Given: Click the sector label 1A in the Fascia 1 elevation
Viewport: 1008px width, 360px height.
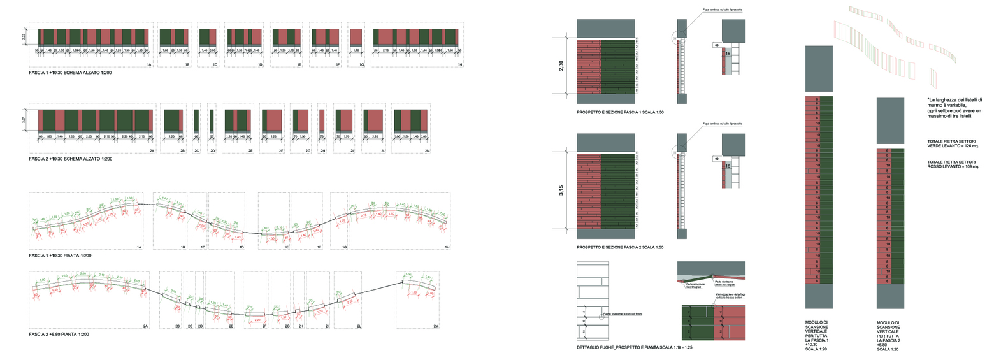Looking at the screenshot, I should coord(149,64).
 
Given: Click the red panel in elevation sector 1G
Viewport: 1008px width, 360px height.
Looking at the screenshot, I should coord(356,36).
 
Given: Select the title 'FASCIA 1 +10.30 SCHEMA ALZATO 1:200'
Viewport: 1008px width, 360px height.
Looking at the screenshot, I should coord(70,73).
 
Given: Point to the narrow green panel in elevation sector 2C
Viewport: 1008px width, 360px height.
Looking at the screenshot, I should coord(196,120).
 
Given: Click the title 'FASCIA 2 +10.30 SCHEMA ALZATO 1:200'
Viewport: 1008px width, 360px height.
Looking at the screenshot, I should coord(70,159).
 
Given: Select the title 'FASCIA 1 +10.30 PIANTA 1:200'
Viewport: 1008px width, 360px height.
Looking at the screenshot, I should coord(60,256).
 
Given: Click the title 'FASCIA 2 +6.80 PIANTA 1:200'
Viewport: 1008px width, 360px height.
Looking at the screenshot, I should coord(59,334).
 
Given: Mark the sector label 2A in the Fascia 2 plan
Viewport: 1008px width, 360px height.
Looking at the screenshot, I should coord(145,326).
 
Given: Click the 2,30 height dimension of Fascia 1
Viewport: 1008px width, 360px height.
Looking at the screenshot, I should coord(561,66).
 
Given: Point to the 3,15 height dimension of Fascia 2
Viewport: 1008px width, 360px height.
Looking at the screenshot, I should coord(561,190).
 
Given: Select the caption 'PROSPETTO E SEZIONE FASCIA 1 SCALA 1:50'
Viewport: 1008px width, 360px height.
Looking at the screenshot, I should coord(620,112).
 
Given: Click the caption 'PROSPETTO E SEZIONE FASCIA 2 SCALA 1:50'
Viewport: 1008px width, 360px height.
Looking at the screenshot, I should coord(620,247).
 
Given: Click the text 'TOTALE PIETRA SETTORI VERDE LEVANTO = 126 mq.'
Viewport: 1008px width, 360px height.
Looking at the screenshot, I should coord(953,143).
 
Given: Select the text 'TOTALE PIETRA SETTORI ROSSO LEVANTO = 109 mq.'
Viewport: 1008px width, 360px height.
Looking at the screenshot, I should coord(953,164).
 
